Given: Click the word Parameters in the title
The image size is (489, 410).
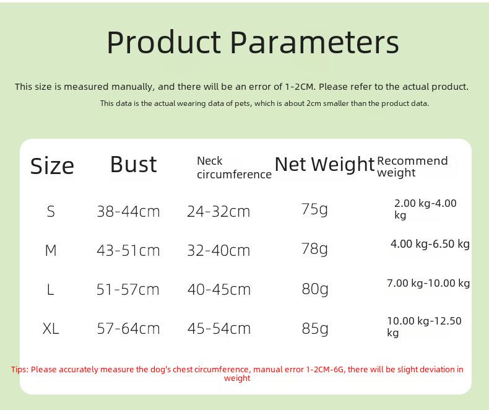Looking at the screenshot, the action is [x=314, y=42].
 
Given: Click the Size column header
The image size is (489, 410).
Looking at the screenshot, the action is [x=52, y=166].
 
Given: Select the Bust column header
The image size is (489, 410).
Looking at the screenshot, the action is [x=133, y=164].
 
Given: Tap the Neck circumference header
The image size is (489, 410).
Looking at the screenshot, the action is [x=234, y=168].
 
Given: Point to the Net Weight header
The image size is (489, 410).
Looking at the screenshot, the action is [x=324, y=165].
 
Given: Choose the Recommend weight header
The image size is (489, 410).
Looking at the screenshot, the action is [x=412, y=167].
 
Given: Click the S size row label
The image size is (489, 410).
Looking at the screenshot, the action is [x=51, y=212].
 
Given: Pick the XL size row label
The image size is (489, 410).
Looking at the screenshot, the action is [x=51, y=329].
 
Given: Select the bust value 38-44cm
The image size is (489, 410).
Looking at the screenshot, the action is [x=128, y=212].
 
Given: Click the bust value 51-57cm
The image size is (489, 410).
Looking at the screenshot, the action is [x=128, y=290].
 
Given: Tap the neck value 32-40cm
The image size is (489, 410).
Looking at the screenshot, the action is [x=219, y=251].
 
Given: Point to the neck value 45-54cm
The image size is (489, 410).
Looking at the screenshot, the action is [x=219, y=329].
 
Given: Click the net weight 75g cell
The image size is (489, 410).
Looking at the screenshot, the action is [x=314, y=209].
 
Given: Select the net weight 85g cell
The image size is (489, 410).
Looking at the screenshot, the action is [x=315, y=329].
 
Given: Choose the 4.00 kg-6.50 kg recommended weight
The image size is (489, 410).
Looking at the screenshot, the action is [x=430, y=244].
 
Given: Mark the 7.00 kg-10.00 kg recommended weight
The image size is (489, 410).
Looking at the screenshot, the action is [x=428, y=283].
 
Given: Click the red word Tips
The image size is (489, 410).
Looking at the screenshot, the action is [x=20, y=370].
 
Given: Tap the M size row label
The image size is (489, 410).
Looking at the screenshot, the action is [x=51, y=251].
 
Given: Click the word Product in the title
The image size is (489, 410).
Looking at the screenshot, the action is [x=164, y=42].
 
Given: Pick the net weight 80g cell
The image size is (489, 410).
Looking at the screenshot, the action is [x=315, y=290].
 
